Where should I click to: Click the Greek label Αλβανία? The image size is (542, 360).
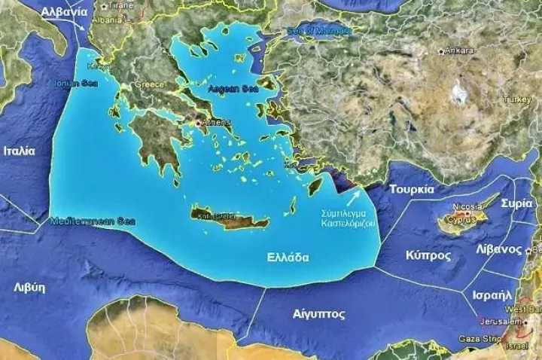click(64, 12)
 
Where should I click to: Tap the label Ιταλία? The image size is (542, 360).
click(19, 151)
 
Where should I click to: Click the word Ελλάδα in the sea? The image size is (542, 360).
click(288, 257)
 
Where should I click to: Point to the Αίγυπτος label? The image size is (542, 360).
click(318, 314)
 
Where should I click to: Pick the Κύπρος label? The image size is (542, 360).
click(428, 255)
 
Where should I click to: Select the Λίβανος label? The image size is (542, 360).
click(499, 249)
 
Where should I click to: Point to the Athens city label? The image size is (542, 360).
click(217, 123)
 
